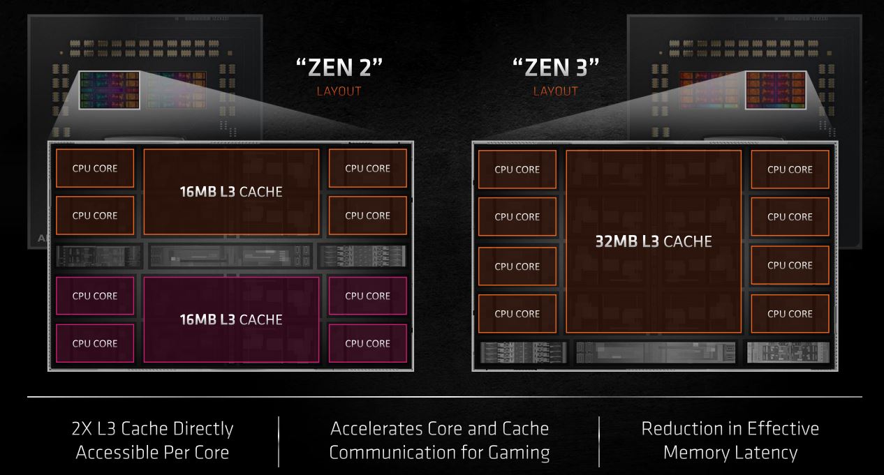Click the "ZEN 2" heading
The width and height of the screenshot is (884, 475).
click(339, 68)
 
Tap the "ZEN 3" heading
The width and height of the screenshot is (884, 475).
click(556, 68)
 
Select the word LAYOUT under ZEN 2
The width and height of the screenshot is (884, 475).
click(339, 91)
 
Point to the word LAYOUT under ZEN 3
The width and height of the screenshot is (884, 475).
click(556, 91)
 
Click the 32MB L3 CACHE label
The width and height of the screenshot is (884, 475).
click(654, 241)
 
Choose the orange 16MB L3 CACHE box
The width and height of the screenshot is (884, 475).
click(231, 192)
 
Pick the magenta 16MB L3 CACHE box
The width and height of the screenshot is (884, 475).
click(231, 319)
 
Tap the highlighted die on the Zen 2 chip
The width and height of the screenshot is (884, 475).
click(110, 90)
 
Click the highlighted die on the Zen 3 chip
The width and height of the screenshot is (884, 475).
click(776, 90)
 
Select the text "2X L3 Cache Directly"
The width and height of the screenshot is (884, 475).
click(152, 429)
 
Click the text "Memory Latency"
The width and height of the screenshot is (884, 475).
click(730, 453)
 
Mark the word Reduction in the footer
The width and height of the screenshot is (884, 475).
click(684, 429)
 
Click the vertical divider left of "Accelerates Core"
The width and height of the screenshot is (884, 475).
click(279, 442)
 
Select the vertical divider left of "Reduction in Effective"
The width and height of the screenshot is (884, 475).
click(599, 442)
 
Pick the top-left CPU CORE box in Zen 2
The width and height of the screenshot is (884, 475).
click(95, 168)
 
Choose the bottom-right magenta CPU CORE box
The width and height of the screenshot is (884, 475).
click(368, 343)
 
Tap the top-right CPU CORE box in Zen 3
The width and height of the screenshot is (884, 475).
click(790, 169)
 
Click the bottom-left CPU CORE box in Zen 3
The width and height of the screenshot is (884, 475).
click(517, 314)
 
